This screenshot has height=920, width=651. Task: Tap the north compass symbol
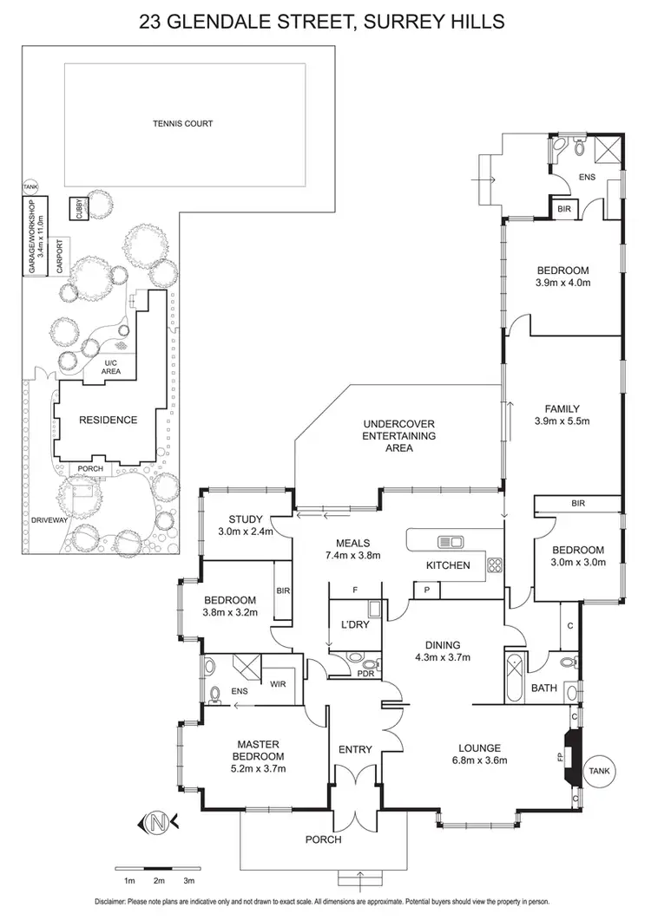click(x=158, y=821)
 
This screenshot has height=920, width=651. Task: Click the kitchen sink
click(x=450, y=543)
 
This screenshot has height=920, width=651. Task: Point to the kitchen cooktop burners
click(x=496, y=564)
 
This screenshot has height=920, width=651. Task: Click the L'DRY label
click(x=351, y=625)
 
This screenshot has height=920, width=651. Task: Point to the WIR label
click(x=279, y=684)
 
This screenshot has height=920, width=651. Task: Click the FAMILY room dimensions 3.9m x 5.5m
click(x=562, y=422)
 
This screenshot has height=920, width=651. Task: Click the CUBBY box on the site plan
click(x=78, y=210)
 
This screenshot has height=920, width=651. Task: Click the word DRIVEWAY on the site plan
click(x=26, y=521)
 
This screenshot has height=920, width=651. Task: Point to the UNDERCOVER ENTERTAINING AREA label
click(x=399, y=436)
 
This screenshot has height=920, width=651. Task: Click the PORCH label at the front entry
click(x=322, y=839)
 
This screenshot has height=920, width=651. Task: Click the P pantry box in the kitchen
click(x=427, y=590)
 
